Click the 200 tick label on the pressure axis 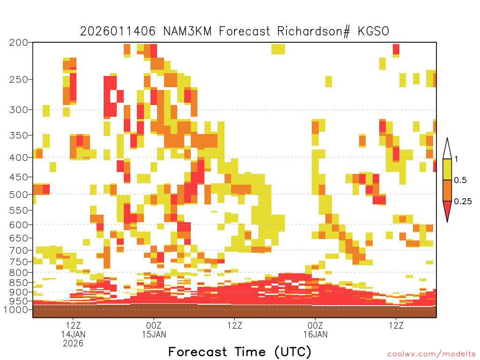pyautogui.click(x=19, y=43)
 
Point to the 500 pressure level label pyautogui.click(x=19, y=195)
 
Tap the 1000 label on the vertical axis pyautogui.click(x=15, y=310)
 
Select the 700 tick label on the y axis pyautogui.click(x=19, y=250)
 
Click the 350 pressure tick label pyautogui.click(x=19, y=135)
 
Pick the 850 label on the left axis pyautogui.click(x=19, y=283)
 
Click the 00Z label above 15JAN pyautogui.click(x=154, y=325)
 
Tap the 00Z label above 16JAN pyautogui.click(x=315, y=325)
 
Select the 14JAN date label pyautogui.click(x=73, y=334)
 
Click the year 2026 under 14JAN pyautogui.click(x=73, y=344)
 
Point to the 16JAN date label pyautogui.click(x=315, y=334)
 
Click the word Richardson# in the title pyautogui.click(x=314, y=31)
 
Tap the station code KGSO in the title pyautogui.click(x=374, y=31)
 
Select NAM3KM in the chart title pyautogui.click(x=187, y=31)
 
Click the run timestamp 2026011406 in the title pyautogui.click(x=118, y=31)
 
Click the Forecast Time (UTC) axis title pyautogui.click(x=240, y=352)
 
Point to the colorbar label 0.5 pyautogui.click(x=460, y=180)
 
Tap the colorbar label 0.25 pyautogui.click(x=463, y=202)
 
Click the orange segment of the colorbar pyautogui.click(x=447, y=190)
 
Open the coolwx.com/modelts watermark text pyautogui.click(x=432, y=354)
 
